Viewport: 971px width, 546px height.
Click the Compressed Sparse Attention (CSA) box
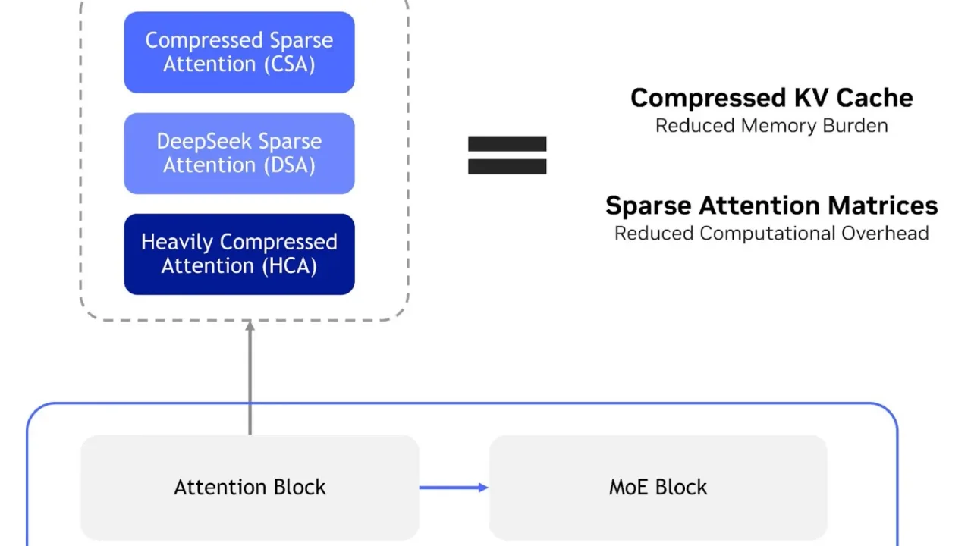[239, 52]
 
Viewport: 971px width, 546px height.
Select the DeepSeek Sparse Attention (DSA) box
[239, 153]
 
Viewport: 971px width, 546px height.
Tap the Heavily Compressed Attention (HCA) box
[239, 254]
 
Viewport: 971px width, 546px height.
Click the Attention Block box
[250, 488]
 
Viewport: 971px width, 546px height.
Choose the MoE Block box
[658, 488]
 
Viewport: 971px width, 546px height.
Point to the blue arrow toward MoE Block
[454, 488]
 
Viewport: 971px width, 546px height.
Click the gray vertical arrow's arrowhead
[250, 326]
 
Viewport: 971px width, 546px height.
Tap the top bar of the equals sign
[507, 144]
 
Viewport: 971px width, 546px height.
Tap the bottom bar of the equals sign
[507, 167]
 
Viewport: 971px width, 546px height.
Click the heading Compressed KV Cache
[771, 98]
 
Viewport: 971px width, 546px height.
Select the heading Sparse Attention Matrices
[771, 206]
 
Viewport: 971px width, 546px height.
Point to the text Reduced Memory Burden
[771, 126]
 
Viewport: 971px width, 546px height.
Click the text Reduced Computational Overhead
[771, 233]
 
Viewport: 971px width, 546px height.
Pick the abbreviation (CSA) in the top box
[289, 64]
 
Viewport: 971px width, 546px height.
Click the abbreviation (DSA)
[289, 165]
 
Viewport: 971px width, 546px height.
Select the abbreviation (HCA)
[289, 265]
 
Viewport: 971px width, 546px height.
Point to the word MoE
[630, 487]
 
